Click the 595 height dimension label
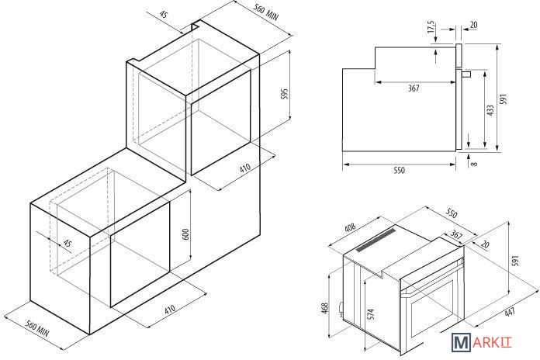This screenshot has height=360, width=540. (x=284, y=94)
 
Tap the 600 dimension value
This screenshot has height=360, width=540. (x=185, y=234)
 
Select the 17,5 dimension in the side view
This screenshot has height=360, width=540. (x=431, y=27)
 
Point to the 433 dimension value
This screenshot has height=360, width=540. (x=490, y=110)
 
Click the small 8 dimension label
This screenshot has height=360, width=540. (x=475, y=163)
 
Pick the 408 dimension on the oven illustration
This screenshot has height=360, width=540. (x=350, y=228)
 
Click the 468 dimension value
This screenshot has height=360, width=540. (x=325, y=307)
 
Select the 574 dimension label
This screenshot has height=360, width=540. (x=371, y=314)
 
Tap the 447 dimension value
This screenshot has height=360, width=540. (x=510, y=312)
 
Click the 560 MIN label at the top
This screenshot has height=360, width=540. (x=265, y=12)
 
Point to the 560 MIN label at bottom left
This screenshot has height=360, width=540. (x=37, y=329)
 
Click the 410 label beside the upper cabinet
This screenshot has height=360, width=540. (x=244, y=168)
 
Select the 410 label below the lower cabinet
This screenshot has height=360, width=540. (x=169, y=309)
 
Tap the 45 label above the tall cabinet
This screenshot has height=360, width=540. (x=164, y=15)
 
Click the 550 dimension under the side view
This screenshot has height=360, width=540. (x=399, y=170)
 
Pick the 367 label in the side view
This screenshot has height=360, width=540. (x=414, y=88)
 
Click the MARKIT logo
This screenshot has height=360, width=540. (x=482, y=342)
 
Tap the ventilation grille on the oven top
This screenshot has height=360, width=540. (x=376, y=240)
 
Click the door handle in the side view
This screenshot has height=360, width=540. (x=466, y=74)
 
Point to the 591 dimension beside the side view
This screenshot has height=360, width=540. (x=504, y=99)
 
